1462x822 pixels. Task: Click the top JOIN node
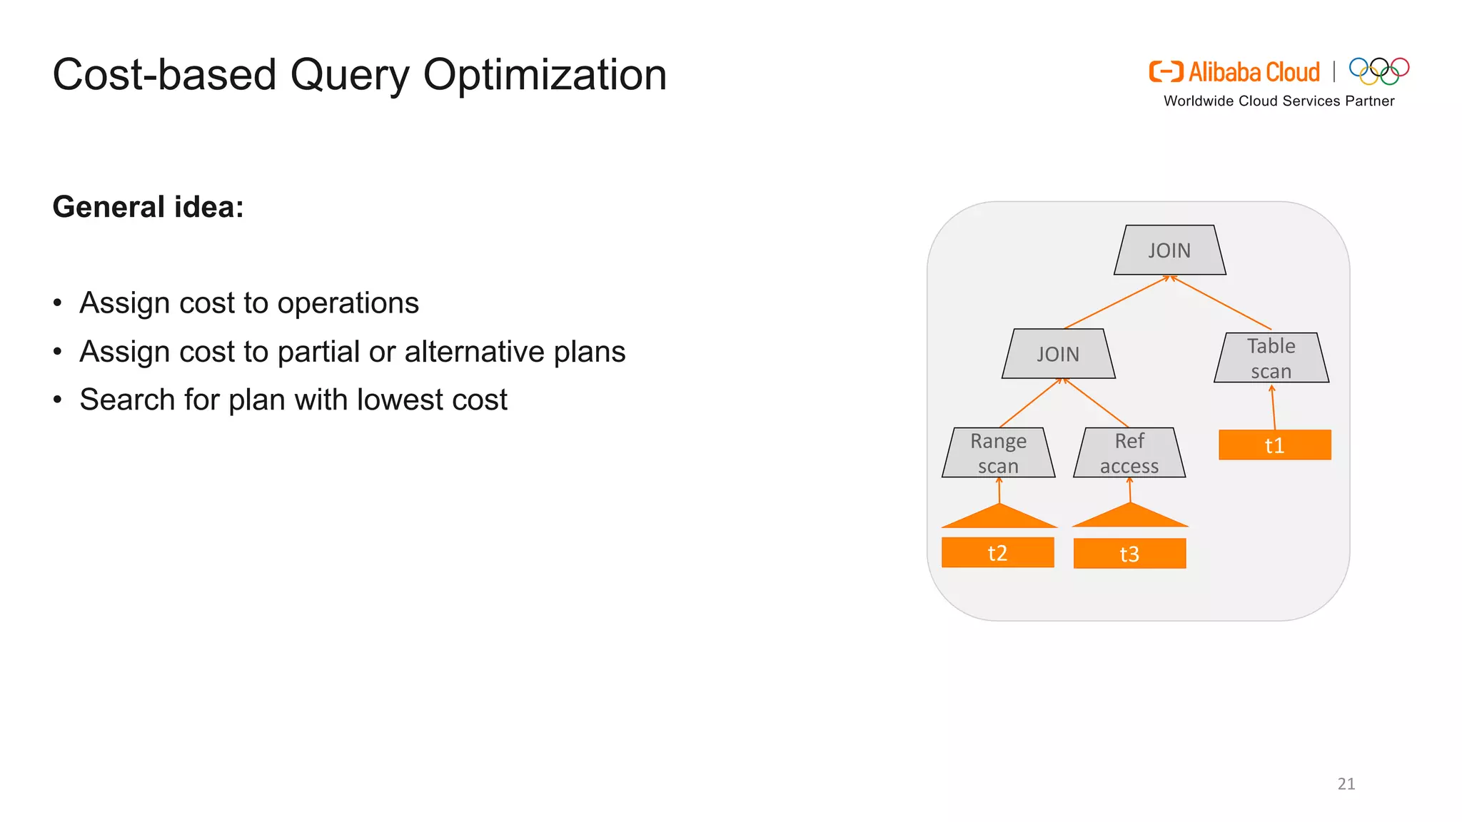point(1169,250)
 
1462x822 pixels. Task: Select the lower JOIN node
point(1058,354)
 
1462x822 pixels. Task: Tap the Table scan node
point(1271,358)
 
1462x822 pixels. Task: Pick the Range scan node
point(998,453)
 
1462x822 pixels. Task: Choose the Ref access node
point(1129,453)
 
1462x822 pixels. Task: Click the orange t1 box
point(1274,445)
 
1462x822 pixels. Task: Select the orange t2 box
point(997,553)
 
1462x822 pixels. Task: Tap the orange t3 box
point(1129,554)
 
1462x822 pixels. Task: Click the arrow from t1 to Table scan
point(1273,408)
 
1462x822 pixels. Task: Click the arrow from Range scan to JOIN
point(1031,403)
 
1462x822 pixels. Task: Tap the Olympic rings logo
point(1378,71)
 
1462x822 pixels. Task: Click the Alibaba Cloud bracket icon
point(1165,72)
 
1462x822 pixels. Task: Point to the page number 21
point(1346,783)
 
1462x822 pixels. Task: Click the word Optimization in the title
point(545,75)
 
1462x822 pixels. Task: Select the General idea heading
point(148,207)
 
